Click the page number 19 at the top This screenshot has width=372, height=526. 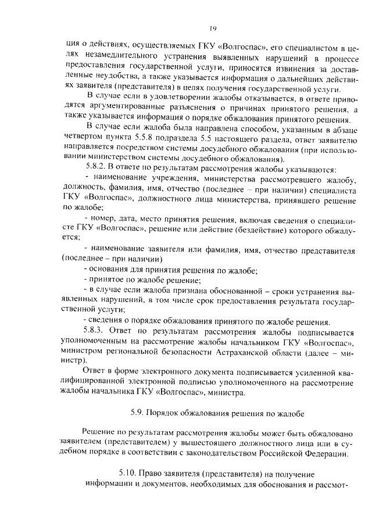(x=213, y=28)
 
